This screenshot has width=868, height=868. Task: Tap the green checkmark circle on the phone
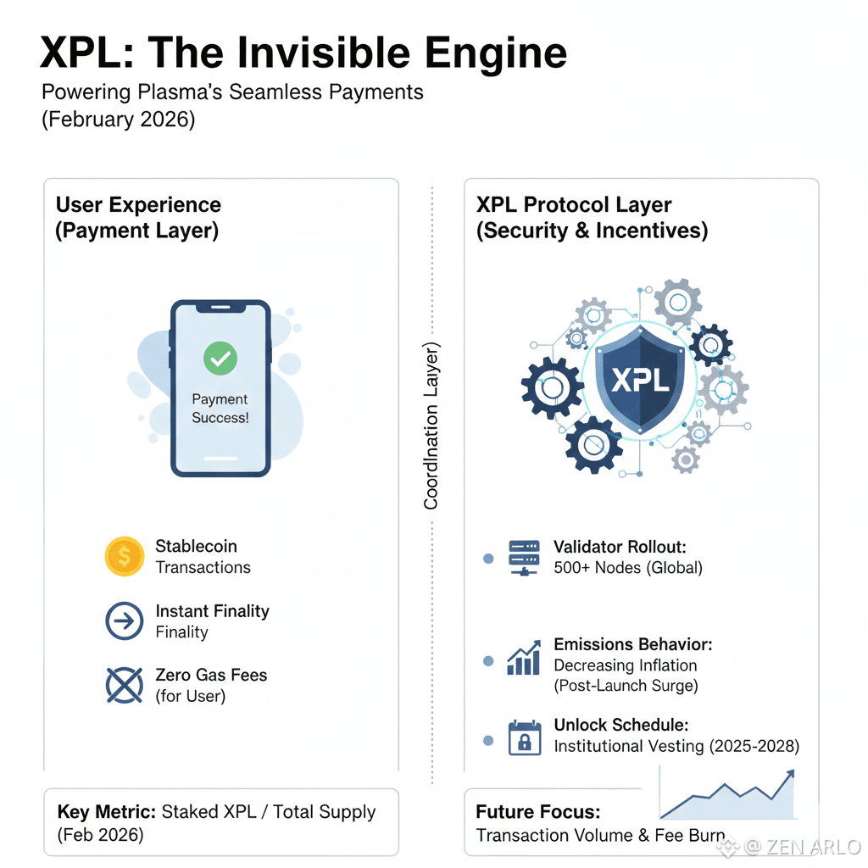[220, 359]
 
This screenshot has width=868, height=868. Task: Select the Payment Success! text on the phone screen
[220, 408]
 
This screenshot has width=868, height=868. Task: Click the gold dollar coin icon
[125, 557]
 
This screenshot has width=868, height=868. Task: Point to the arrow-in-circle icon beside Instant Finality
[125, 621]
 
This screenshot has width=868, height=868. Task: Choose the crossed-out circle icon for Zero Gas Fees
[125, 685]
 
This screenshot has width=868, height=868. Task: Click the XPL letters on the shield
[639, 378]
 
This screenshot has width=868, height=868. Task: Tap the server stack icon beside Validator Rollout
[524, 558]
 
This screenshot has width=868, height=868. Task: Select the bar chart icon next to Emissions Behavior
[524, 659]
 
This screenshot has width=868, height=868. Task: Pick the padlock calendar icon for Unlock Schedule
[524, 737]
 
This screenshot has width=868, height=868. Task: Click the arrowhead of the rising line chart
[790, 773]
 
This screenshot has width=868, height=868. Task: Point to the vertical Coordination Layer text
[431, 426]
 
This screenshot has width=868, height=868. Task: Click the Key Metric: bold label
[107, 812]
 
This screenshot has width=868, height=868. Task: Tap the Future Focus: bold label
[538, 812]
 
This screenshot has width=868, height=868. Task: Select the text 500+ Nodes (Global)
[628, 568]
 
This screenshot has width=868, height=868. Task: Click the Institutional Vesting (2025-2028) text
[676, 747]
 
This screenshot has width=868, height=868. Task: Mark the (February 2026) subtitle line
[119, 120]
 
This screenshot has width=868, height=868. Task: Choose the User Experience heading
[138, 205]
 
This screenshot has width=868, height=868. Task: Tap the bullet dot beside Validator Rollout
[488, 559]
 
